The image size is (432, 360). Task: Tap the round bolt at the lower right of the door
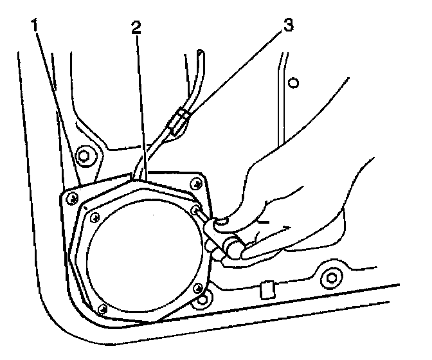point(330,278)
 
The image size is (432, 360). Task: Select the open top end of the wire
point(201,53)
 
